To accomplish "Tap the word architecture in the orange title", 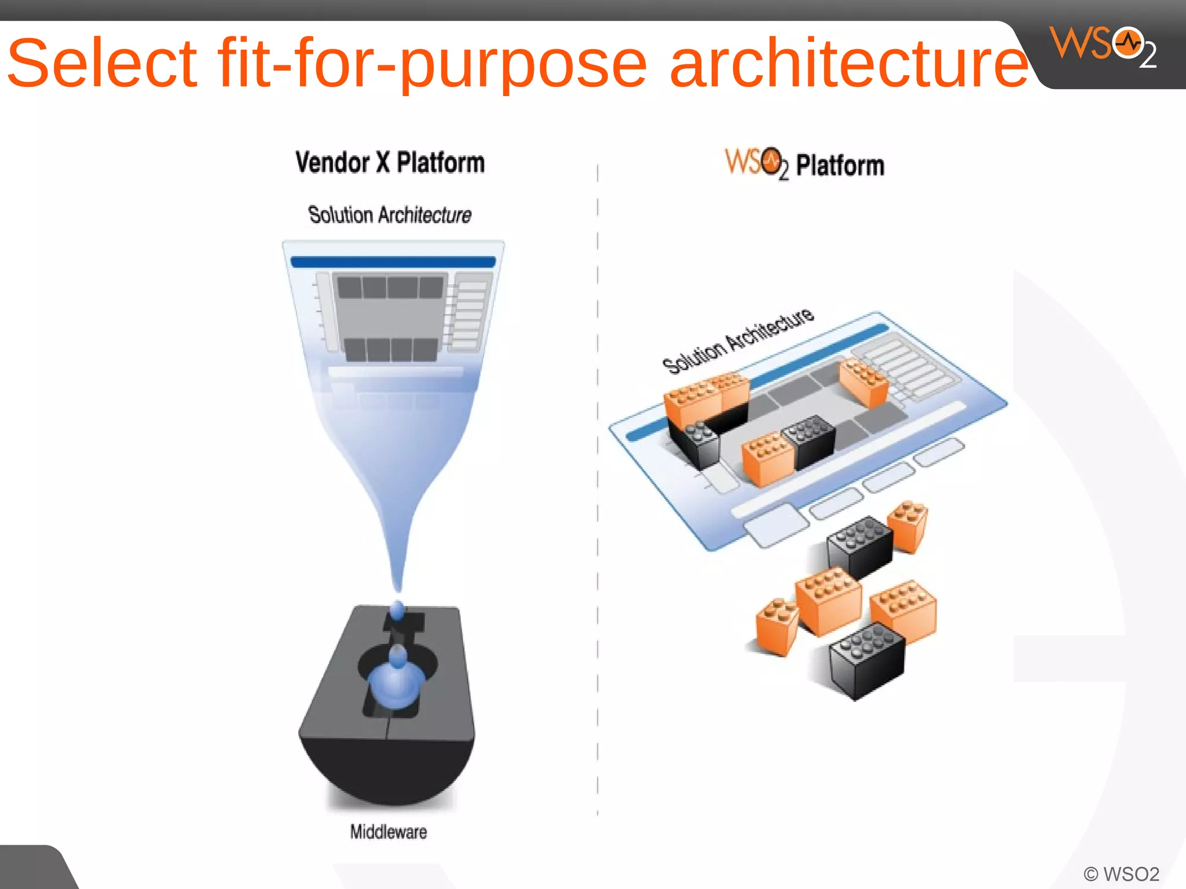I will (x=849, y=63).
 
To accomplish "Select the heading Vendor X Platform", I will (x=390, y=163).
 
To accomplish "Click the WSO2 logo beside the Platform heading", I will (x=756, y=163).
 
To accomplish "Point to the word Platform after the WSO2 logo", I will (x=840, y=166).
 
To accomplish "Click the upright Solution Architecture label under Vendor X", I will (x=390, y=215).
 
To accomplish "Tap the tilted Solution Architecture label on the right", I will (x=738, y=341).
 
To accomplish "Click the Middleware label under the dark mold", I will (x=389, y=832).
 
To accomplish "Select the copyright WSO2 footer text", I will (x=1121, y=873).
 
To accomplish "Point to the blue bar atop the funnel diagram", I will (x=393, y=262).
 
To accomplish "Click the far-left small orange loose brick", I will (x=777, y=627).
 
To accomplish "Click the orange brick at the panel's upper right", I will (x=863, y=382).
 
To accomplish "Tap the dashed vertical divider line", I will (x=598, y=492).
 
